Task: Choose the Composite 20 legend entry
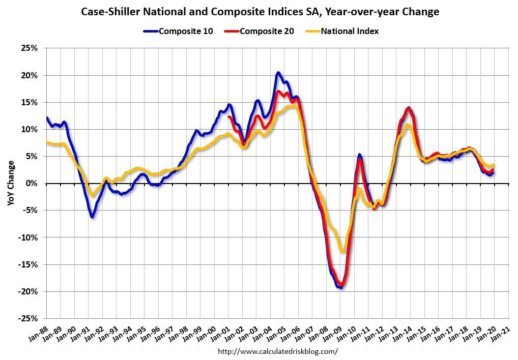[x=260, y=31]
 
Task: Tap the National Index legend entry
[x=341, y=31]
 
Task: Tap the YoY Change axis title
[x=11, y=183]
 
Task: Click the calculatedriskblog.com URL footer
[x=277, y=351]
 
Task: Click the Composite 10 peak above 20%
[x=278, y=73]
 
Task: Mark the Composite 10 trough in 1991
[x=92, y=217]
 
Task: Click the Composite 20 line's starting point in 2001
[x=229, y=117]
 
